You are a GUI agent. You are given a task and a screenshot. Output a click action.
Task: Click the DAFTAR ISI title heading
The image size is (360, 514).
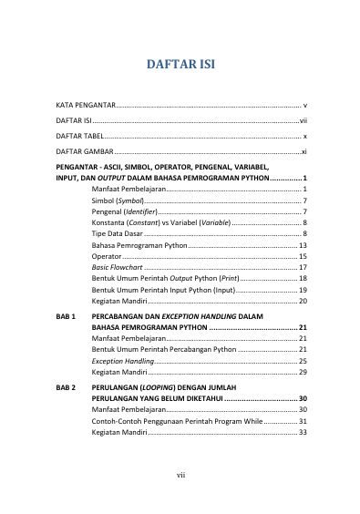coord(180,65)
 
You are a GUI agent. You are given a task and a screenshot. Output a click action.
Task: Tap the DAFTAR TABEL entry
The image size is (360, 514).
coord(80,134)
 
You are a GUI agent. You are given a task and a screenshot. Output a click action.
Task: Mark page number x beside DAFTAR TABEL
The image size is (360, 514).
coord(304,134)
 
